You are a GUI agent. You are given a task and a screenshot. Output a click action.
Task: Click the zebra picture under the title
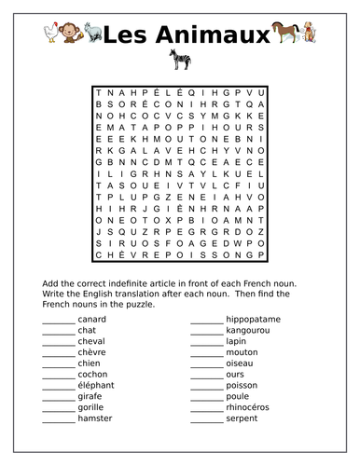point(177,62)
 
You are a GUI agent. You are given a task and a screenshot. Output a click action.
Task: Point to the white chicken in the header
point(50,34)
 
